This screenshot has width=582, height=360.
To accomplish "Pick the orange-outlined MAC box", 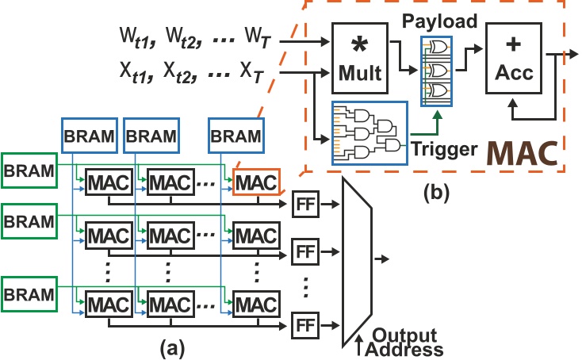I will point(256,182).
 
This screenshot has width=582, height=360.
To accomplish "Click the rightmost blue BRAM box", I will point(235,136).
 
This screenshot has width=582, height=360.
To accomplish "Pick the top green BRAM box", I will point(28,170).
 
